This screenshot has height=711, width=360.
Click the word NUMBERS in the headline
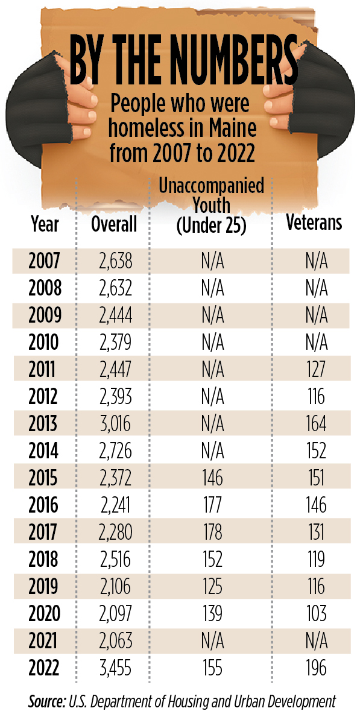click(x=227, y=62)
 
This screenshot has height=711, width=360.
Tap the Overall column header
click(x=114, y=224)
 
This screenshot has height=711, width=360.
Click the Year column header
click(x=45, y=224)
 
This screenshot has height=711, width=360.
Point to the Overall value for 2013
click(x=113, y=423)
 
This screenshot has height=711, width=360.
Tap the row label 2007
click(x=45, y=262)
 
